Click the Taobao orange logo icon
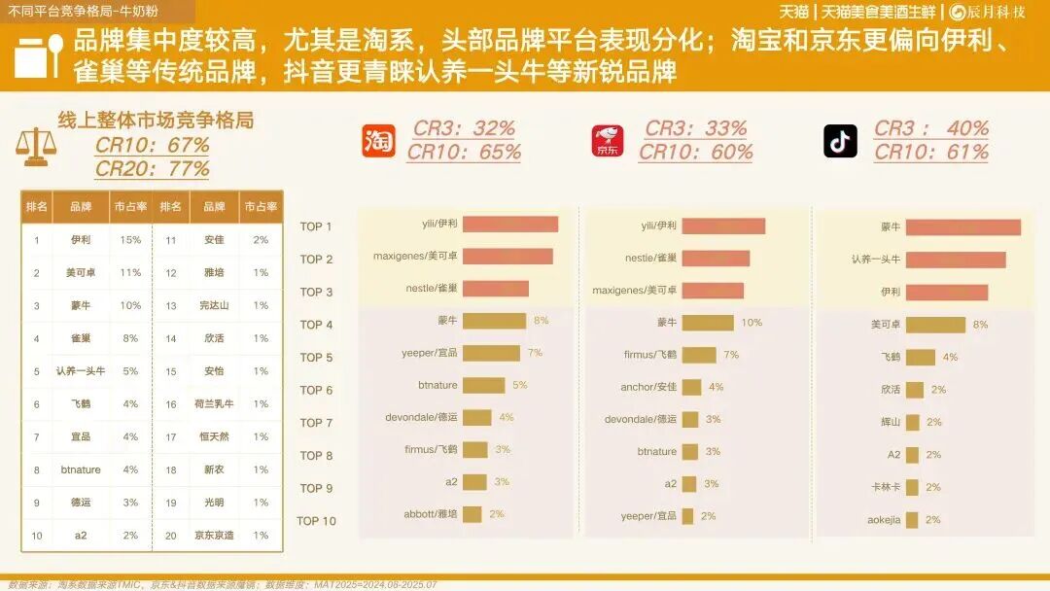(379, 140)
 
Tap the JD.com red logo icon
(609, 140)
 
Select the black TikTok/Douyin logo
(840, 140)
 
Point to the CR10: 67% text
(152, 145)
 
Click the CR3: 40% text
(930, 128)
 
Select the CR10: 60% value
(695, 152)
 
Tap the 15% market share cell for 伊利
(130, 239)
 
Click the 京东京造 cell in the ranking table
(214, 535)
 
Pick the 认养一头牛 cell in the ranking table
(80, 370)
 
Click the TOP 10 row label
(316, 521)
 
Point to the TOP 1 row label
(316, 226)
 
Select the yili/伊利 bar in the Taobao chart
(509, 225)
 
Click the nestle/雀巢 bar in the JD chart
(716, 258)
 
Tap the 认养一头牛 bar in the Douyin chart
(956, 260)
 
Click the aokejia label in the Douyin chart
(883, 520)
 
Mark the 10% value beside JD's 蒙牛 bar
(752, 322)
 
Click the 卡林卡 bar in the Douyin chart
(914, 487)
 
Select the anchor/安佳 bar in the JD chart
(691, 387)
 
